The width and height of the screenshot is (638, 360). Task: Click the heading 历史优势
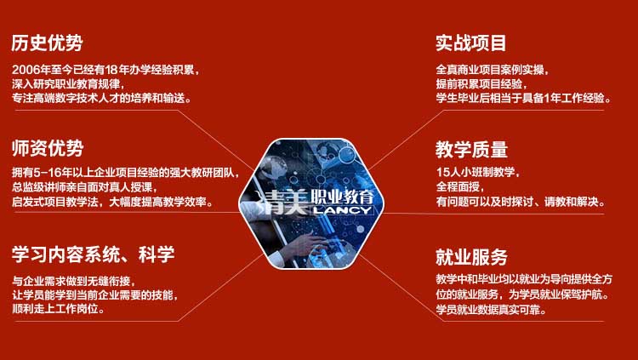47,43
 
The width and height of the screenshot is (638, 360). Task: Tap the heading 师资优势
48,148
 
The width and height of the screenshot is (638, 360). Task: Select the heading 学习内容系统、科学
94,254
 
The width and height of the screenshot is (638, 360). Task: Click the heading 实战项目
471,43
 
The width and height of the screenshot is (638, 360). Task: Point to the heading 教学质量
471,150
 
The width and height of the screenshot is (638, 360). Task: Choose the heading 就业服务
471,257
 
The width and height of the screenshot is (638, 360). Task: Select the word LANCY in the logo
343,210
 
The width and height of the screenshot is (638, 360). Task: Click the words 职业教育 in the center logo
343,197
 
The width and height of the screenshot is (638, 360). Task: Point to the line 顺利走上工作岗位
59,309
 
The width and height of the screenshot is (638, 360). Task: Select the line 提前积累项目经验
481,84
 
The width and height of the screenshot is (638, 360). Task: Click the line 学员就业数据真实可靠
491,310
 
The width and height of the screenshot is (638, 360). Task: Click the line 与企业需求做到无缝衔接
74,281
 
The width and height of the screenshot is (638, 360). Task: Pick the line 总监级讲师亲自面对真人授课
84,187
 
